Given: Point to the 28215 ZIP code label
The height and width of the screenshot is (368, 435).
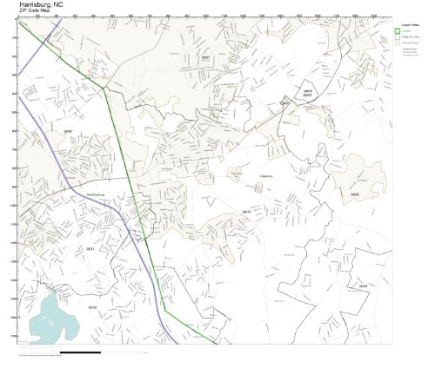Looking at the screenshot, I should tap(92, 306).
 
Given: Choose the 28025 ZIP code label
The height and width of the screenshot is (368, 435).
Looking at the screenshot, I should tap(354, 194).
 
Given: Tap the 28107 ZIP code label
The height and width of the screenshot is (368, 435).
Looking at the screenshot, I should tap(363, 285).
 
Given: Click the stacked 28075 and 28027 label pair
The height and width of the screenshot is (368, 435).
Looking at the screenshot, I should tap(307, 92).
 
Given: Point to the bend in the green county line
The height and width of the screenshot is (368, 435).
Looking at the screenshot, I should tap(105, 88).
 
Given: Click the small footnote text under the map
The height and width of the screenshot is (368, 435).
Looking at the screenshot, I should tap(39, 357).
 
